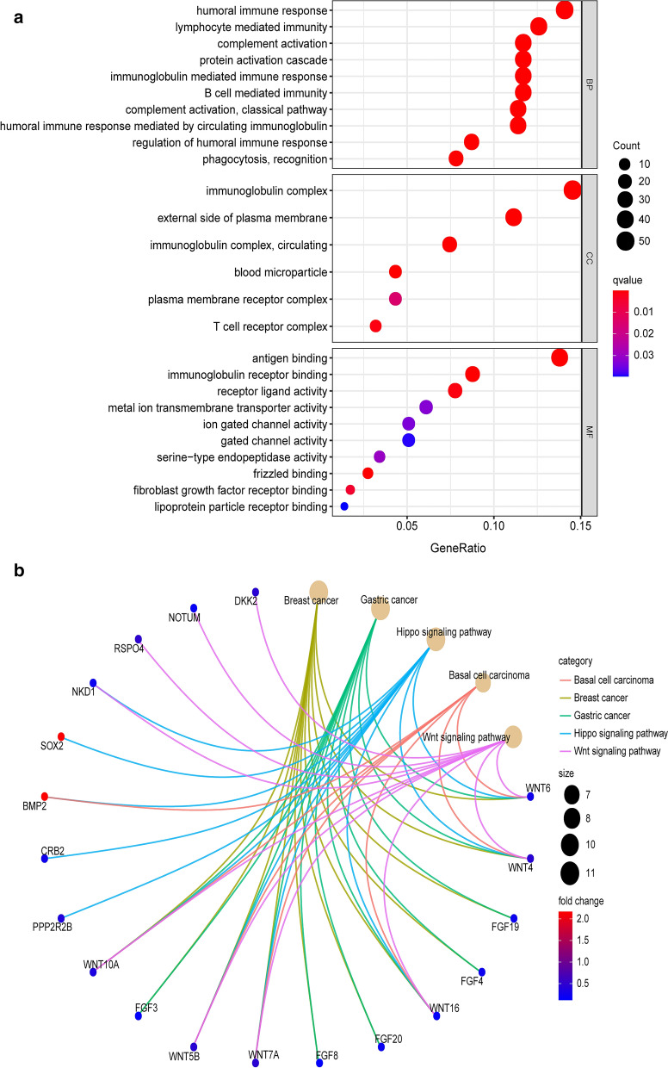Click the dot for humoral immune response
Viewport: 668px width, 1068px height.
(565, 10)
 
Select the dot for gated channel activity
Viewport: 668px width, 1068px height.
(409, 440)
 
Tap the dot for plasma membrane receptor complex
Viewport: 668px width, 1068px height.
(395, 299)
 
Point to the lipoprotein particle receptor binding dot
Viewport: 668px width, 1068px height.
(344, 506)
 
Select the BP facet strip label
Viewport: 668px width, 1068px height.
(590, 84)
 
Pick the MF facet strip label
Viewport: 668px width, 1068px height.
(590, 431)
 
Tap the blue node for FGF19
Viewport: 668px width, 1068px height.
(514, 918)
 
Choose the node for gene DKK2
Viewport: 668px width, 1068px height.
(256, 592)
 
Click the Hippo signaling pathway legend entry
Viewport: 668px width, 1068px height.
(613, 734)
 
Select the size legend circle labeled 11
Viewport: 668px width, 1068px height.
(569, 872)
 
